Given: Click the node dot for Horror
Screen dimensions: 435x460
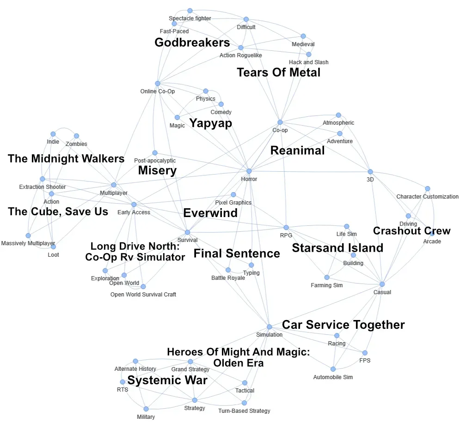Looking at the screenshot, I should (x=249, y=171).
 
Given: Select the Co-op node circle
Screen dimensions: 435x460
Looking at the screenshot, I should (x=280, y=122).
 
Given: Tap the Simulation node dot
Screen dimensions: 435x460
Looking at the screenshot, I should (x=269, y=326).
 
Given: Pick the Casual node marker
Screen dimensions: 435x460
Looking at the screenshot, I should (x=382, y=284).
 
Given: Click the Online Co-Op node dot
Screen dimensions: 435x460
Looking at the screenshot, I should (x=157, y=83).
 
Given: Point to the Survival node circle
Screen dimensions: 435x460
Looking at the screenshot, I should (x=187, y=232).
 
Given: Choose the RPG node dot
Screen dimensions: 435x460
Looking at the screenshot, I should (x=286, y=227).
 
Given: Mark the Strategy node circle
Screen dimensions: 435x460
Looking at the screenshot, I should (x=195, y=400).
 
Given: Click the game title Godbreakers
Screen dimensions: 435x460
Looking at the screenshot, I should (x=192, y=43).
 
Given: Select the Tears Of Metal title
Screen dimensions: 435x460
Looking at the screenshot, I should (x=278, y=72).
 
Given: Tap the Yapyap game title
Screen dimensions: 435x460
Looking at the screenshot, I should (x=210, y=123).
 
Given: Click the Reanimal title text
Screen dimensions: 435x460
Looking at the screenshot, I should (x=297, y=151).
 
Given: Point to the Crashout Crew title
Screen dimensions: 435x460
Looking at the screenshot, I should (x=411, y=231).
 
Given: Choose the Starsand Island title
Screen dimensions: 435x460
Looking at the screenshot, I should (x=337, y=248).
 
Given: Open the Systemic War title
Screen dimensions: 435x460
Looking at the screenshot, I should (x=167, y=381).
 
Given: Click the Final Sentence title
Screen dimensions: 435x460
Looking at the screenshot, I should (x=237, y=254).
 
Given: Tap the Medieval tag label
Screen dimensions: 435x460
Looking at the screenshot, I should (x=303, y=44).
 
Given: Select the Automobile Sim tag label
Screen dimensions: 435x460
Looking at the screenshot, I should (x=333, y=377).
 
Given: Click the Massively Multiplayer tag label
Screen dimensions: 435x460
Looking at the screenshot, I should (x=28, y=243).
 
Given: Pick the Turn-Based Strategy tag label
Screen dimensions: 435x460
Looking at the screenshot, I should (x=244, y=411).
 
